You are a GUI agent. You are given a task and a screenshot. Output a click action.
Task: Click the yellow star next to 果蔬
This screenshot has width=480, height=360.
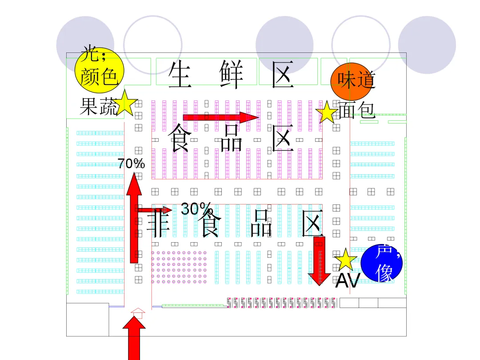[x=127, y=103]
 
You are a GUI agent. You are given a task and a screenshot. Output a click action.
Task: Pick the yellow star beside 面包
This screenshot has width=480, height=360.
[x=327, y=112]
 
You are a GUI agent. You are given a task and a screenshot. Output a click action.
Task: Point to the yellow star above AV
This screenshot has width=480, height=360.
[x=345, y=260]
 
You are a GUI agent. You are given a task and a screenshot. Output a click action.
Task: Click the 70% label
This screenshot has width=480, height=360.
[x=131, y=164]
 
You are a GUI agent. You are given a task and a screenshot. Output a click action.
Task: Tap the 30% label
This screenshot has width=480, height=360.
[x=196, y=208]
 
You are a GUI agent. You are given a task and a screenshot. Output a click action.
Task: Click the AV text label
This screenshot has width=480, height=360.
[x=347, y=280]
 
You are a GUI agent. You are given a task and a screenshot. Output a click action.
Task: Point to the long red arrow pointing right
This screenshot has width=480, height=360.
[x=220, y=117]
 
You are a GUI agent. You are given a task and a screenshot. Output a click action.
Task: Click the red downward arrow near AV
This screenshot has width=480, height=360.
[x=319, y=260]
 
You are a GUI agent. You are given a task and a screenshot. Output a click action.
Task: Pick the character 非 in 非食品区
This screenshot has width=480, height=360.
[x=158, y=224]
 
